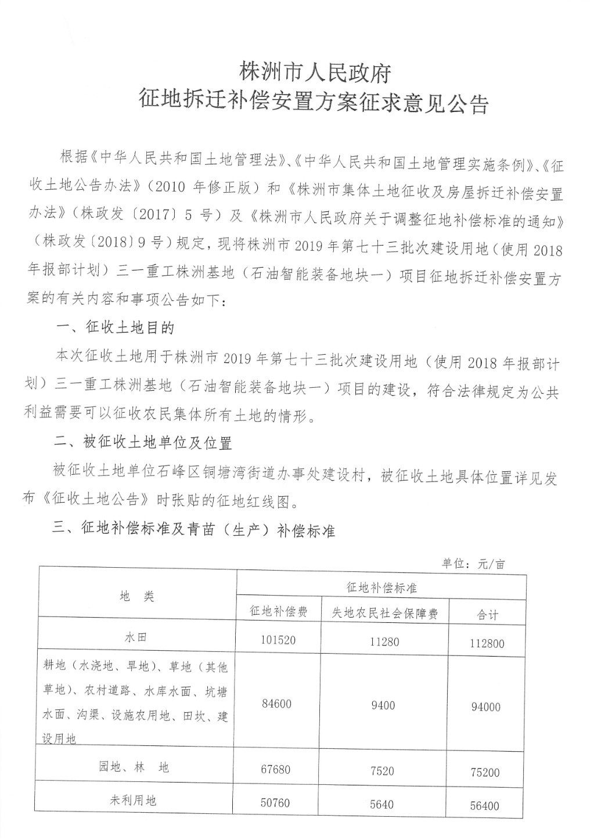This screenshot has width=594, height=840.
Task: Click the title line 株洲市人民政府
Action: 315,73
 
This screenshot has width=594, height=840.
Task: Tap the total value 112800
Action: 487,643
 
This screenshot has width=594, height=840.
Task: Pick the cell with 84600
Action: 276,704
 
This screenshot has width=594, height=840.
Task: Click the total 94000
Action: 486,707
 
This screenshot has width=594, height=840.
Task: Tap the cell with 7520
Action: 381,771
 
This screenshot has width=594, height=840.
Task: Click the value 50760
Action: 275,803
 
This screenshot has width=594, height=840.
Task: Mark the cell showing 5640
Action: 381,804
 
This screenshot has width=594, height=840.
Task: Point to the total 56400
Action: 485,806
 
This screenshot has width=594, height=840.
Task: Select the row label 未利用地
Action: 133,801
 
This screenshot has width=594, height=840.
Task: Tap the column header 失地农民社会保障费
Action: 384,613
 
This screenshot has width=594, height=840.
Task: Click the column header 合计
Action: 488,615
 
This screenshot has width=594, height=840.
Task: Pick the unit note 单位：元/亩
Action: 473,563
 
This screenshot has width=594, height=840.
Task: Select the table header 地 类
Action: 136,596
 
